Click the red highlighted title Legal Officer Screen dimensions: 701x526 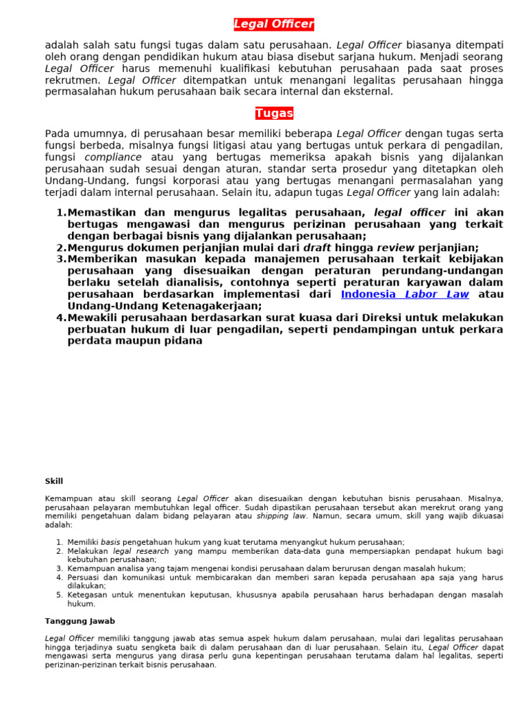(274, 25)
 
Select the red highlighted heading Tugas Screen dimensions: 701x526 (274, 114)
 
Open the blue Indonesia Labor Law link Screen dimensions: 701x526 (405, 294)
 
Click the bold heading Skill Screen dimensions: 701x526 (54, 481)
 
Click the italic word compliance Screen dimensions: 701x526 (113, 157)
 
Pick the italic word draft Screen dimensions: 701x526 (317, 248)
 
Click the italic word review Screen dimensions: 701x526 (395, 248)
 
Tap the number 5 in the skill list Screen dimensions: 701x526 (60, 595)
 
